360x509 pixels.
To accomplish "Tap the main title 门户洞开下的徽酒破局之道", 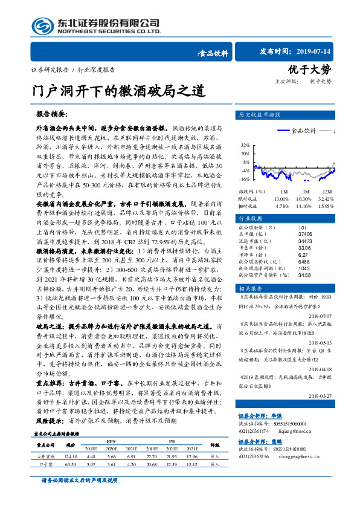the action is [x=118, y=92].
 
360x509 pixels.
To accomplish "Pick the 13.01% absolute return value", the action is [x=281, y=198].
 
